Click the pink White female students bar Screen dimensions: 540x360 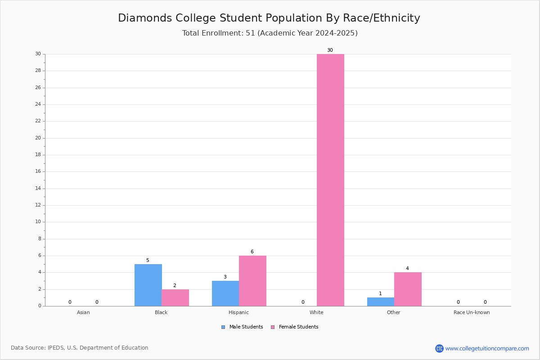click(x=330, y=180)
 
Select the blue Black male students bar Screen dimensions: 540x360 click(x=148, y=285)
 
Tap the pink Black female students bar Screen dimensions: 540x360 click(x=175, y=298)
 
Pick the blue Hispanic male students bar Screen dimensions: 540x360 click(x=225, y=293)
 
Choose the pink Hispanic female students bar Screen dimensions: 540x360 click(x=252, y=281)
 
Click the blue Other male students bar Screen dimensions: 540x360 click(x=381, y=302)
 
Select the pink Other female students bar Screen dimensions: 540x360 click(x=408, y=289)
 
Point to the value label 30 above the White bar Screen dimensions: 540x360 click(x=330, y=50)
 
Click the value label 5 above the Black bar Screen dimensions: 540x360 click(x=148, y=261)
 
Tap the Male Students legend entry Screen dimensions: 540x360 click(x=242, y=327)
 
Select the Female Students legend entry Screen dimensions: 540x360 click(x=295, y=327)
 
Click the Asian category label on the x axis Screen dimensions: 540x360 click(x=83, y=312)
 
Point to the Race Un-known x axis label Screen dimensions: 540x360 click(x=472, y=312)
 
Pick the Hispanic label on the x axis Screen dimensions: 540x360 click(x=238, y=312)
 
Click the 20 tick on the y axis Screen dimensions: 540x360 click(x=38, y=138)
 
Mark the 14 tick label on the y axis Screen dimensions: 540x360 click(x=38, y=188)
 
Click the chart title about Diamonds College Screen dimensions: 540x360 click(x=269, y=18)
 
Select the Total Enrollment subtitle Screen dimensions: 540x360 click(x=270, y=33)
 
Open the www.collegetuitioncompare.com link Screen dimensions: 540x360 click(x=487, y=349)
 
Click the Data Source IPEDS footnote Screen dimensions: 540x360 click(x=80, y=348)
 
